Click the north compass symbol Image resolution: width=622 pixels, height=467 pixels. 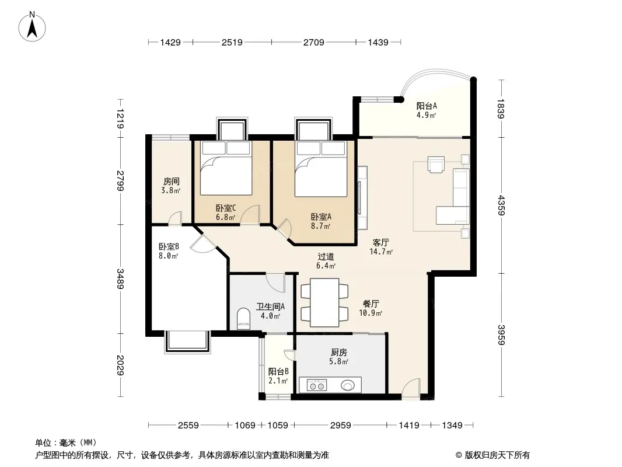tap(32, 27)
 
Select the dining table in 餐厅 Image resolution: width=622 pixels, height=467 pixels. tap(324, 302)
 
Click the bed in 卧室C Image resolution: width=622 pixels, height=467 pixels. tap(226, 168)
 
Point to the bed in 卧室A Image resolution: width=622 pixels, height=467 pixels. tap(321, 169)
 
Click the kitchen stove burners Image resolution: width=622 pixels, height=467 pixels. tap(317, 385)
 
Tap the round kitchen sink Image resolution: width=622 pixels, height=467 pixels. tap(348, 385)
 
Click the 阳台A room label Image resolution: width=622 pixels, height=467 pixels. tap(427, 106)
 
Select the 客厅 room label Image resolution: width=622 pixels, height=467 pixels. tap(381, 242)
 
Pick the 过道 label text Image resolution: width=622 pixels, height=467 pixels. tap(326, 257)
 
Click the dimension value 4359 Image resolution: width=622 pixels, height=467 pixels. tap(501, 205)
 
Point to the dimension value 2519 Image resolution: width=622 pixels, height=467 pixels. tap(232, 42)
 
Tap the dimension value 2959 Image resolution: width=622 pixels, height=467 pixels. tap(340, 426)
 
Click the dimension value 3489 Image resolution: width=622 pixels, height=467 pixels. tap(120, 279)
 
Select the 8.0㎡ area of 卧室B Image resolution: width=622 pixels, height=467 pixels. tap(169, 256)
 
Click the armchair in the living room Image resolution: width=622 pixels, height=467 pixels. tap(436, 165)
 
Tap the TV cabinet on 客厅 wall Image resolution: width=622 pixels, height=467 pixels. tap(362, 197)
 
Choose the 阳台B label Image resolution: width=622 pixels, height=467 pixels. tap(278, 372)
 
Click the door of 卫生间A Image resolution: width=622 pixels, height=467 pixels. tap(275, 283)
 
